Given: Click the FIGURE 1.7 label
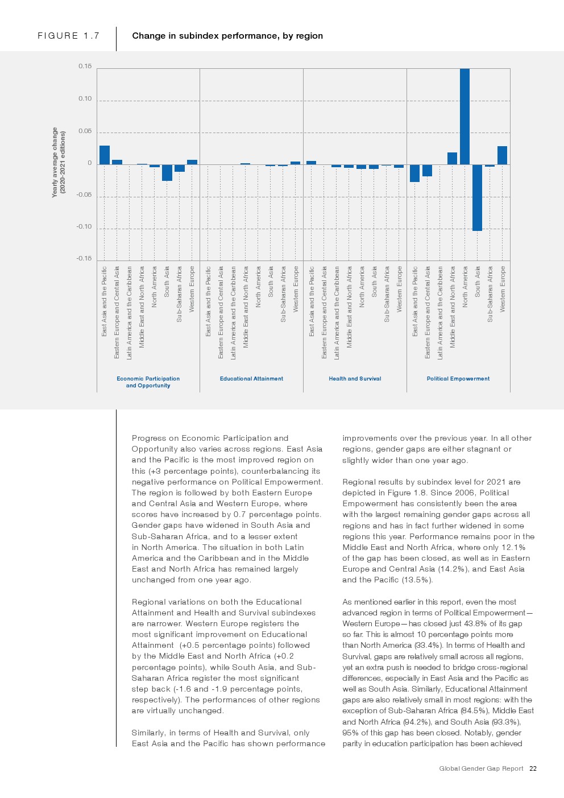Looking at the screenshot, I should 68,36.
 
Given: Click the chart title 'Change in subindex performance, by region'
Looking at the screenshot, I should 227,36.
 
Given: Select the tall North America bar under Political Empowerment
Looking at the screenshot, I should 465,117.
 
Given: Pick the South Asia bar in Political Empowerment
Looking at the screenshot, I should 477,197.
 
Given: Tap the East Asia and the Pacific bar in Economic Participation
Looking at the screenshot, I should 105,155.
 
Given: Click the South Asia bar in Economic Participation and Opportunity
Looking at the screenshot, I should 167,172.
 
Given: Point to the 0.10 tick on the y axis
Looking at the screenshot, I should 85,99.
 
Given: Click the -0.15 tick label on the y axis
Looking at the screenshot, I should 84,259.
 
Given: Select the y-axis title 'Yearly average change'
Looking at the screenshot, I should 55,162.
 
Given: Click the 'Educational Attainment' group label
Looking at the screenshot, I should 251,379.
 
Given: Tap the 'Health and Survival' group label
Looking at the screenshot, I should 355,379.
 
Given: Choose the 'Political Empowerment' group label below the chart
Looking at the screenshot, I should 458,379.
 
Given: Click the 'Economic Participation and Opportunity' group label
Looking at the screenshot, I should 148,382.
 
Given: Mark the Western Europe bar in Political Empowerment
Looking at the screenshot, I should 502,155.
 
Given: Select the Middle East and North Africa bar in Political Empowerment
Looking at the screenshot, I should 452,159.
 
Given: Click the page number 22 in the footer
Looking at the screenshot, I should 533,768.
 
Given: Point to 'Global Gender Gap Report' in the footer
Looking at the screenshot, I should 481,768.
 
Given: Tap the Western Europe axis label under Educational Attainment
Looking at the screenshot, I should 296,289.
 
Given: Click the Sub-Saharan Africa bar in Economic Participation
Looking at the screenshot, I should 180,168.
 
